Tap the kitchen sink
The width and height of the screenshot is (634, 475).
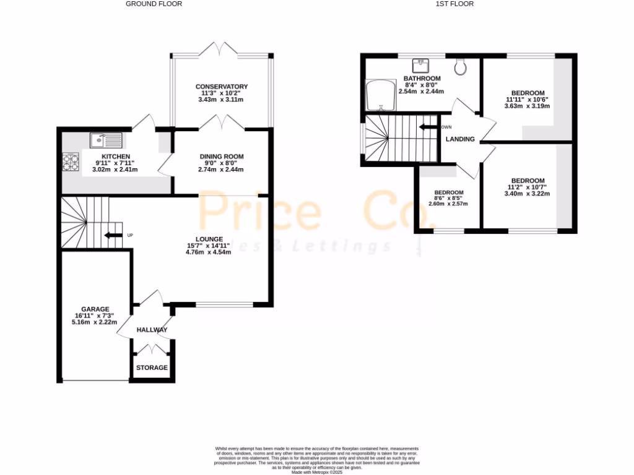[x=106, y=140]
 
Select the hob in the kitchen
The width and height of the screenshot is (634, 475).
[x=70, y=161]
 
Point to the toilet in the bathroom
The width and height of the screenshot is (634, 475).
[x=461, y=66]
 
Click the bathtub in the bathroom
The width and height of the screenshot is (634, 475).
[x=381, y=96]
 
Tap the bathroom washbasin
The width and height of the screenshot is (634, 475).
[x=422, y=64]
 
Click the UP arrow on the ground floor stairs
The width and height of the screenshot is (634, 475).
[x=113, y=235]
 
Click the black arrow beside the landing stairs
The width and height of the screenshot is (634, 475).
[x=428, y=127]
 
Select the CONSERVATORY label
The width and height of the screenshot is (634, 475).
[x=222, y=87]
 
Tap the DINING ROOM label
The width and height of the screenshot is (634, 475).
[x=221, y=156]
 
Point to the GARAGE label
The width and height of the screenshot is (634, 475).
[x=95, y=309]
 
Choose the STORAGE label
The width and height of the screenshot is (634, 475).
[x=152, y=367]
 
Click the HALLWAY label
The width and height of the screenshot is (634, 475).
[x=152, y=330]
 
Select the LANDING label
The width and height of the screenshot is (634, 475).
[x=460, y=139]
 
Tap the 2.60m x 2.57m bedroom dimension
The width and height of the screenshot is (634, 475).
[x=448, y=203]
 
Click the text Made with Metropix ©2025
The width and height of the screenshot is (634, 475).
[x=318, y=472]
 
